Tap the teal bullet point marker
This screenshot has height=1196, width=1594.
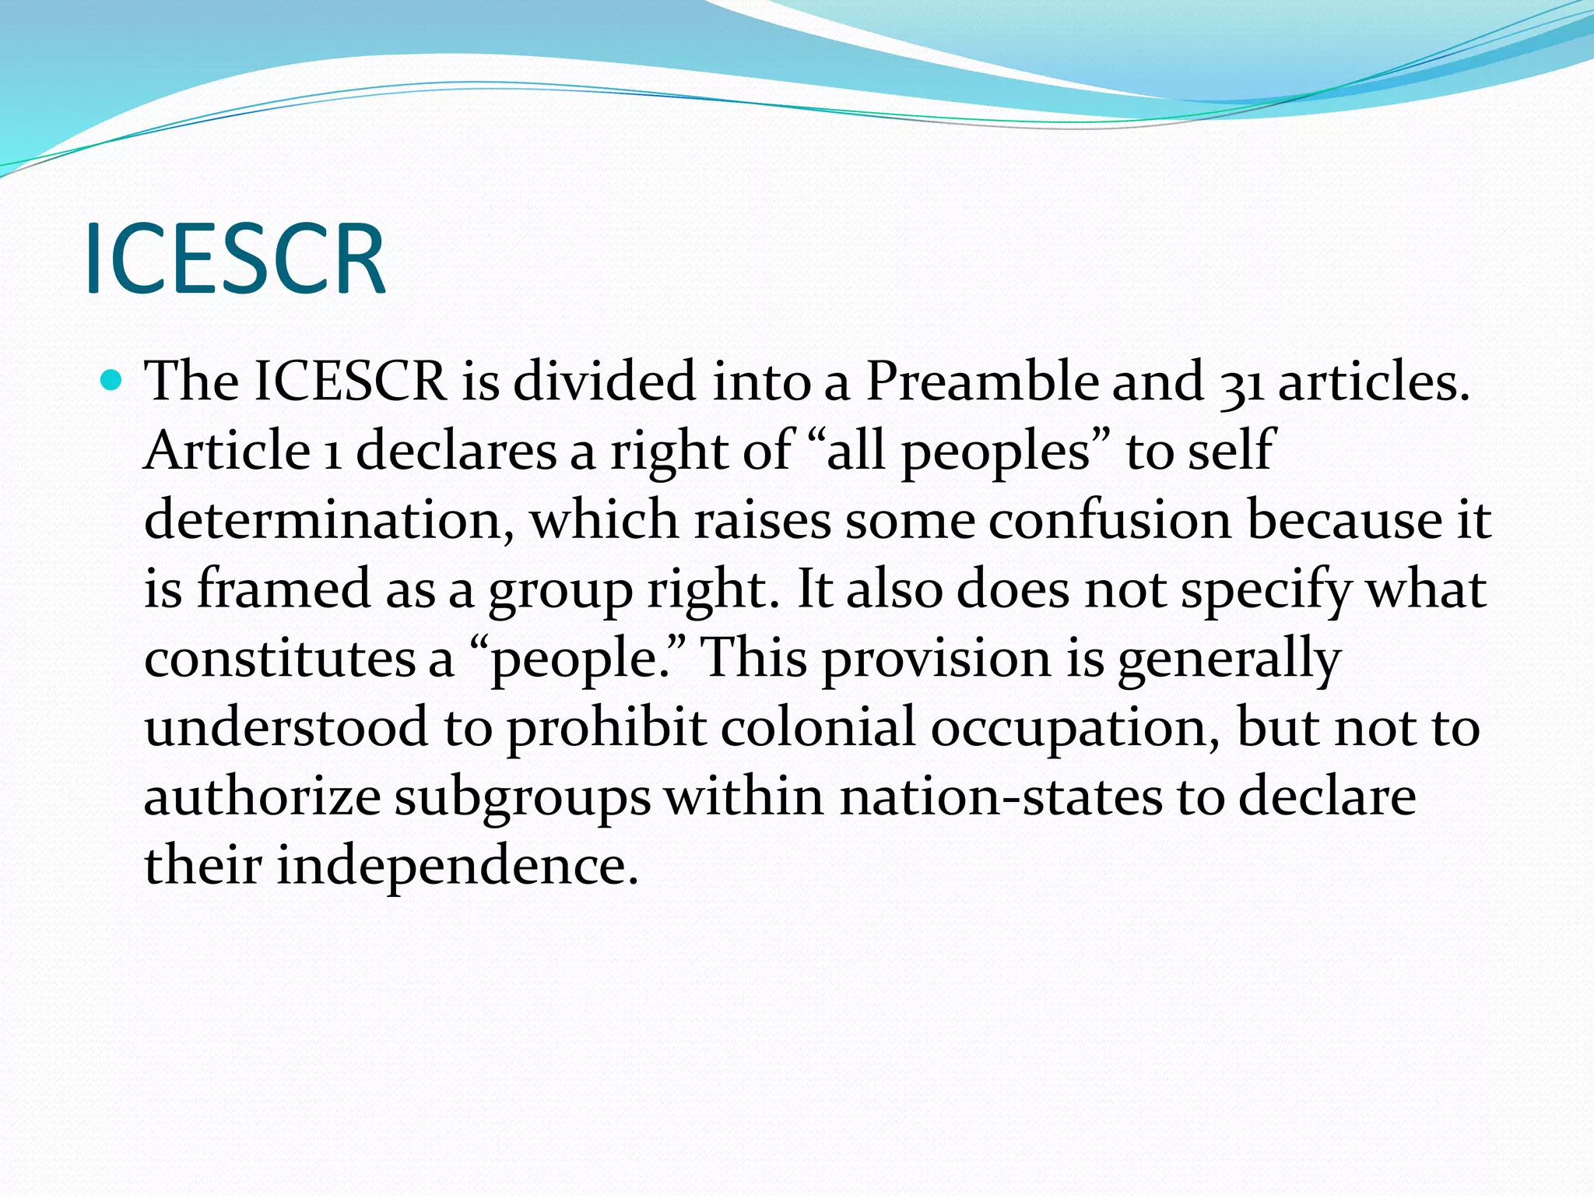113,382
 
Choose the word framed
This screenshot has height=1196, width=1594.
283,589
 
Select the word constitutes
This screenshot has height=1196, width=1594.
279,659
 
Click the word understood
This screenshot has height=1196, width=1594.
286,727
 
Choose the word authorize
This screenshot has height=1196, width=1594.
262,797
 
